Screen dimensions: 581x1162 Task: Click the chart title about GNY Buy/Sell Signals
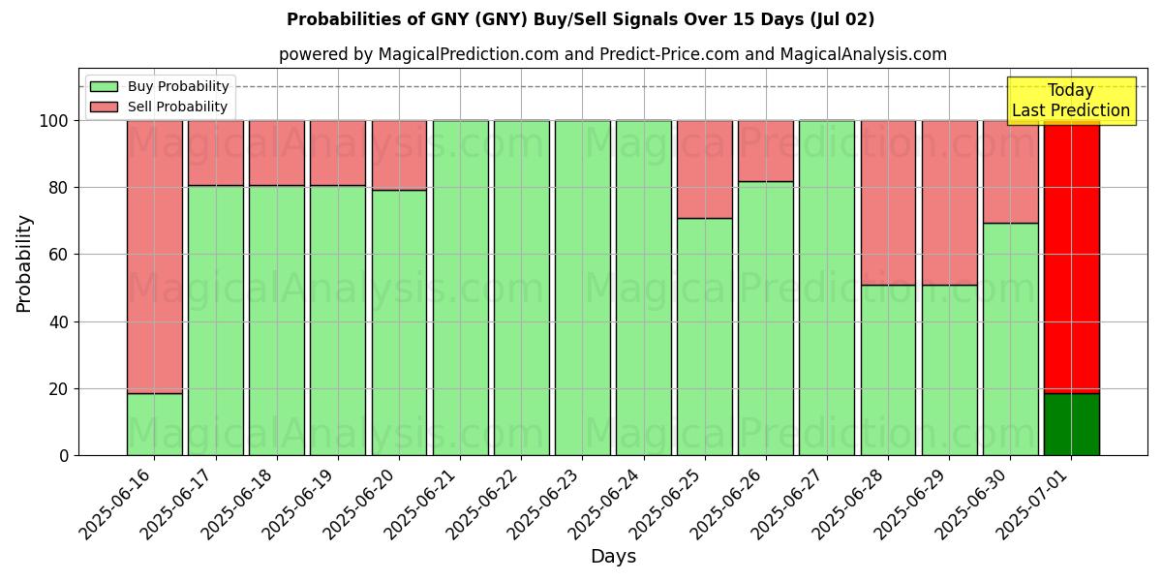(x=580, y=19)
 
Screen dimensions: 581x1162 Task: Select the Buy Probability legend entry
(x=178, y=87)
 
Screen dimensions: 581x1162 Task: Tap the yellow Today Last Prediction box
(x=1070, y=101)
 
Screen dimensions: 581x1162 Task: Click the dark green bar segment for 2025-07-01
(x=1071, y=424)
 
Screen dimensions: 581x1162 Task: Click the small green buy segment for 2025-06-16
(x=154, y=424)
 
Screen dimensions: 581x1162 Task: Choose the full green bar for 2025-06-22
(x=521, y=288)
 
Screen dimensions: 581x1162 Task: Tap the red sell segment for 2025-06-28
(x=888, y=202)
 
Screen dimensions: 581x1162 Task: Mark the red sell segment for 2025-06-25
(x=704, y=169)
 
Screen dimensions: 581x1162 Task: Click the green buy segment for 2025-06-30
(x=1010, y=339)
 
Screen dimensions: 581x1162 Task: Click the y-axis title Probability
(x=24, y=263)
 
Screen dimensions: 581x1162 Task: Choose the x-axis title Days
(x=613, y=557)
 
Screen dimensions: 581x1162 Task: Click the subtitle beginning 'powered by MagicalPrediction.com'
(x=613, y=54)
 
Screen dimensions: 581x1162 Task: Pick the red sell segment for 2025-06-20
(x=399, y=155)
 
